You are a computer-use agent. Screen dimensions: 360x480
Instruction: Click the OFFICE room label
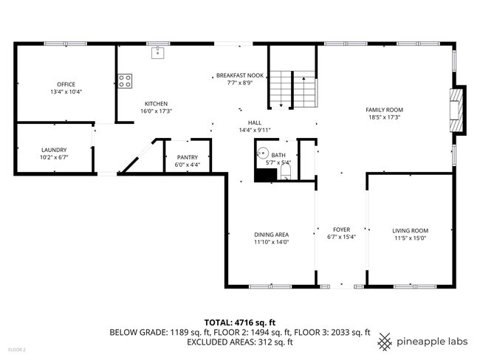tap(66, 84)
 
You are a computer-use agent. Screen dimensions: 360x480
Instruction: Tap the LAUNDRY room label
tap(54, 149)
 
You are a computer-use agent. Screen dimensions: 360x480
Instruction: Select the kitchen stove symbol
tap(126, 80)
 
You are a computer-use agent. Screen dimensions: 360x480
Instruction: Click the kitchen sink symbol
tap(157, 52)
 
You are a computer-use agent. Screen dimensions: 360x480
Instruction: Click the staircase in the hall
tap(292, 88)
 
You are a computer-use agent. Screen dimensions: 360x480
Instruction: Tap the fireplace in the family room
tap(459, 111)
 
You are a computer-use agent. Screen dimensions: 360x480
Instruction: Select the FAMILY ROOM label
tap(385, 110)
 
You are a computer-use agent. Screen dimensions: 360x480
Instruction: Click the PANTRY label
tap(188, 157)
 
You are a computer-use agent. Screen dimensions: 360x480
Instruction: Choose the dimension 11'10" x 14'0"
tap(271, 242)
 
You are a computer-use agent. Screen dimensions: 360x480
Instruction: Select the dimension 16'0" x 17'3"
tap(156, 111)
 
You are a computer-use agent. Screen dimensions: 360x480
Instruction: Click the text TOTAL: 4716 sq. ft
tap(239, 322)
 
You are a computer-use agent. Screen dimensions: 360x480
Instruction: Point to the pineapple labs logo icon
tap(385, 342)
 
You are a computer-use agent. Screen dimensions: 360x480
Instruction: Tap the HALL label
tap(255, 123)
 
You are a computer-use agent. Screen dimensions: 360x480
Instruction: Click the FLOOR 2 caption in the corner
tap(16, 349)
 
